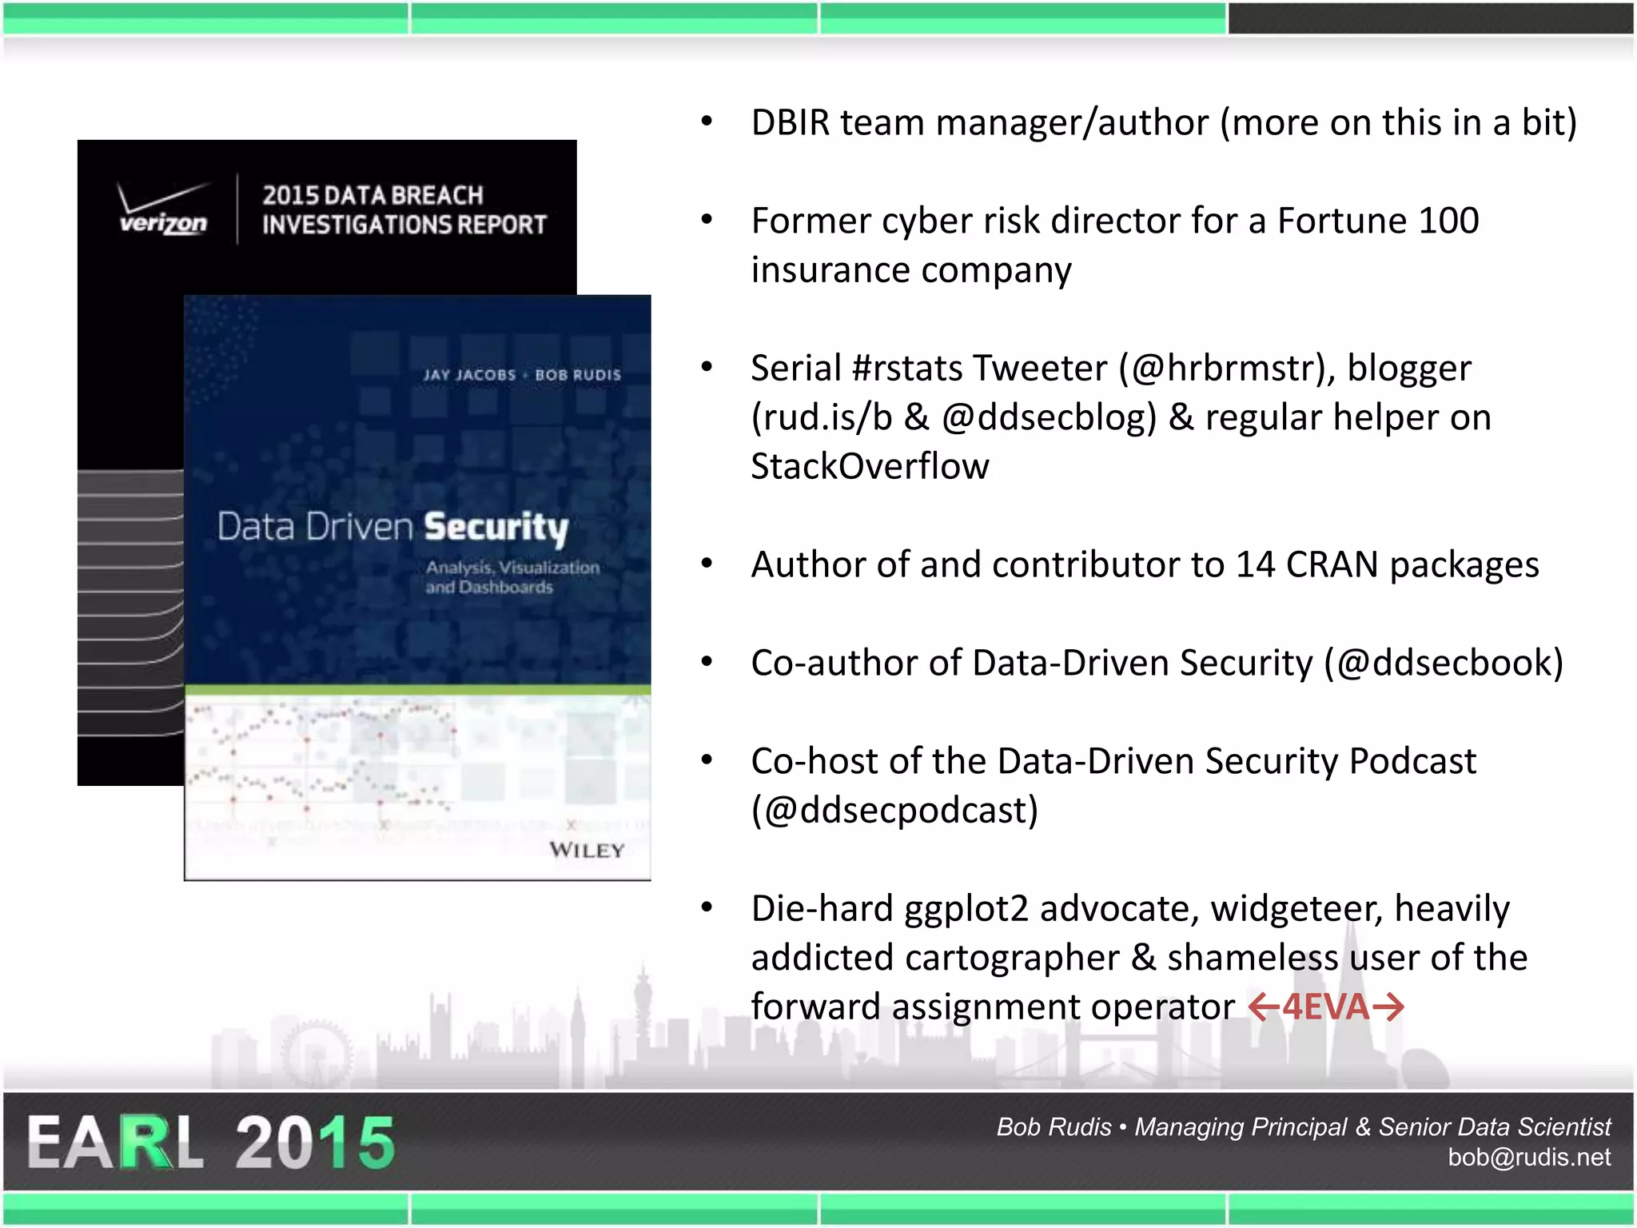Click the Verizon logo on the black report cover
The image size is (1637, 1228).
coord(163,210)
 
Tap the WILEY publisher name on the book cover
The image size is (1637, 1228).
coord(587,850)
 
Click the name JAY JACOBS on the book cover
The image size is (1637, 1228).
coord(470,375)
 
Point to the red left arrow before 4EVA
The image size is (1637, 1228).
coord(1264,1007)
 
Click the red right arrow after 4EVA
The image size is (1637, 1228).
coord(1388,1007)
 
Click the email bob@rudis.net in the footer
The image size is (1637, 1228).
coord(1528,1157)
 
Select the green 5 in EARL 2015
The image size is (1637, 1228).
coord(367,1143)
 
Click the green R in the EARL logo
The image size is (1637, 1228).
coord(144,1143)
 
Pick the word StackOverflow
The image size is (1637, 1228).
coord(870,467)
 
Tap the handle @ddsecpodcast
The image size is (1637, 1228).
coord(894,810)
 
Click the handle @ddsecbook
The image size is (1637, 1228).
coord(1443,663)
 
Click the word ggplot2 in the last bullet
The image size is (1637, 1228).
coord(966,909)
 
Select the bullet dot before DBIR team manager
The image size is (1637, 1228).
coord(707,122)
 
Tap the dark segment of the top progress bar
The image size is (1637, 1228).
coord(1431,18)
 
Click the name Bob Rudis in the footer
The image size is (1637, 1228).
coord(1053,1126)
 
